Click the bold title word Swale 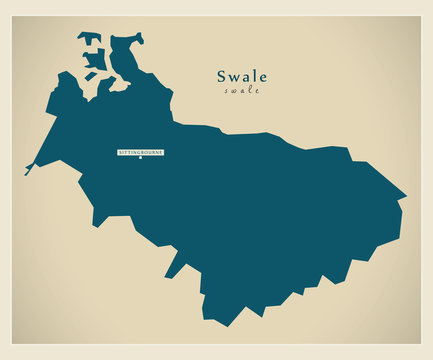(243, 76)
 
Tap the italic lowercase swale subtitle (242, 91)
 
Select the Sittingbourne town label (141, 151)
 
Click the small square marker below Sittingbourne (141, 158)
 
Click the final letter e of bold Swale (263, 77)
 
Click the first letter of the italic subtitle (227, 91)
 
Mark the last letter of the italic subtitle (257, 91)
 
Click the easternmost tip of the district (406, 196)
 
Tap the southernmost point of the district (212, 323)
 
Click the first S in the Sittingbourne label (121, 151)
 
